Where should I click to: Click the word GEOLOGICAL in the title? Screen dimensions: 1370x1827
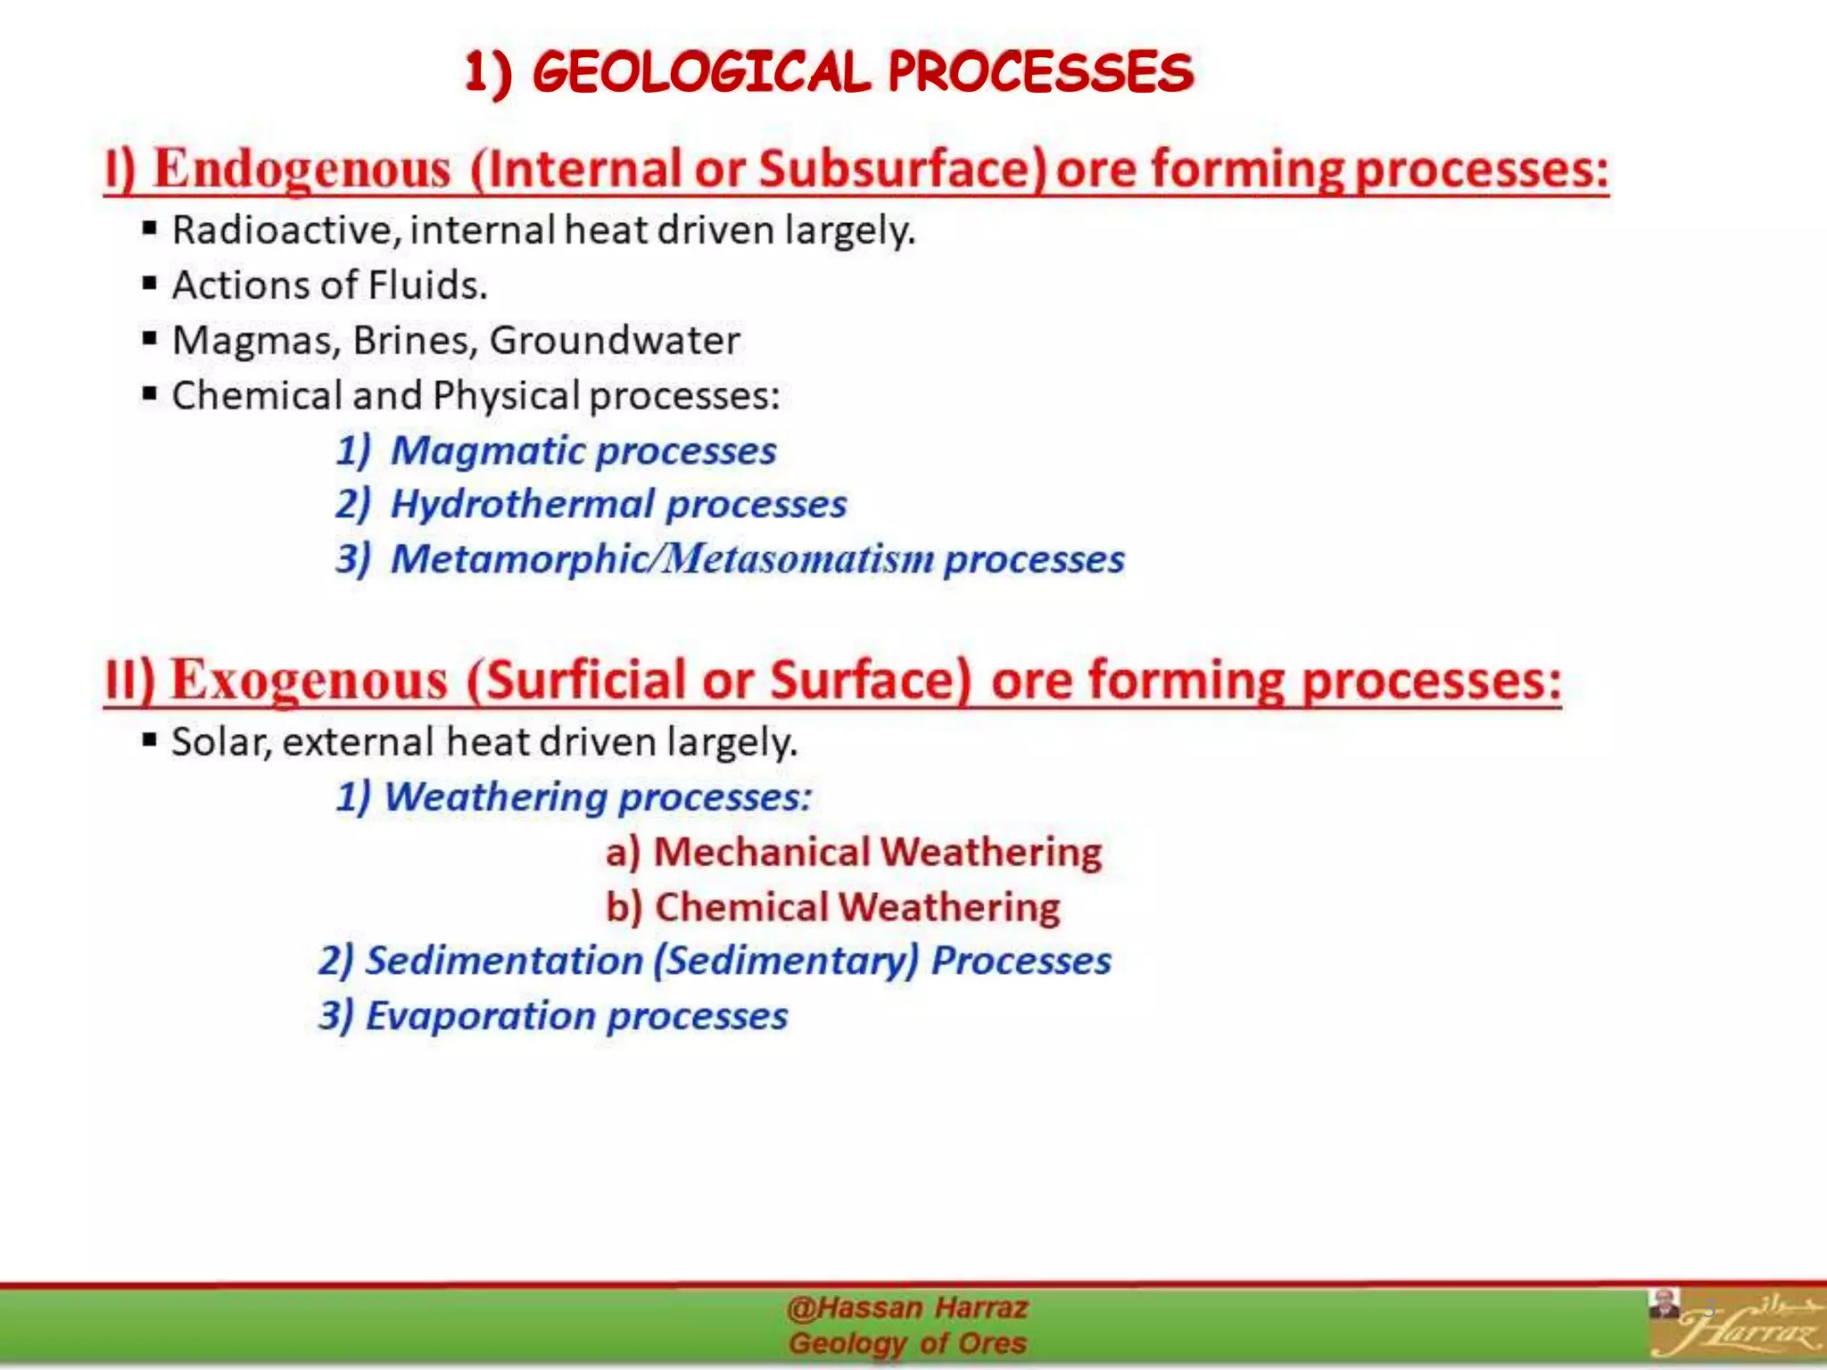point(701,72)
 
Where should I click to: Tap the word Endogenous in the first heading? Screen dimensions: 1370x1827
point(302,169)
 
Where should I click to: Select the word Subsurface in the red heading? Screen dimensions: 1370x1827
point(901,169)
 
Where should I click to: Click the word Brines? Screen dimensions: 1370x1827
point(415,341)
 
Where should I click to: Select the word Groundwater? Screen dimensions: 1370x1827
point(615,341)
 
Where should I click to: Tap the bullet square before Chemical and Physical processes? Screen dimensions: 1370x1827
point(150,393)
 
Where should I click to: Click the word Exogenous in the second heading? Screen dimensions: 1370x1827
point(310,681)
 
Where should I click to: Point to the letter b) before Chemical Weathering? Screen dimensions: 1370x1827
point(624,907)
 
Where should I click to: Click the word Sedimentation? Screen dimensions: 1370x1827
point(505,961)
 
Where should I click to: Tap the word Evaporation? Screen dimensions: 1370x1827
point(481,1016)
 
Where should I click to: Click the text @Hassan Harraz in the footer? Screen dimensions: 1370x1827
point(907,1308)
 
